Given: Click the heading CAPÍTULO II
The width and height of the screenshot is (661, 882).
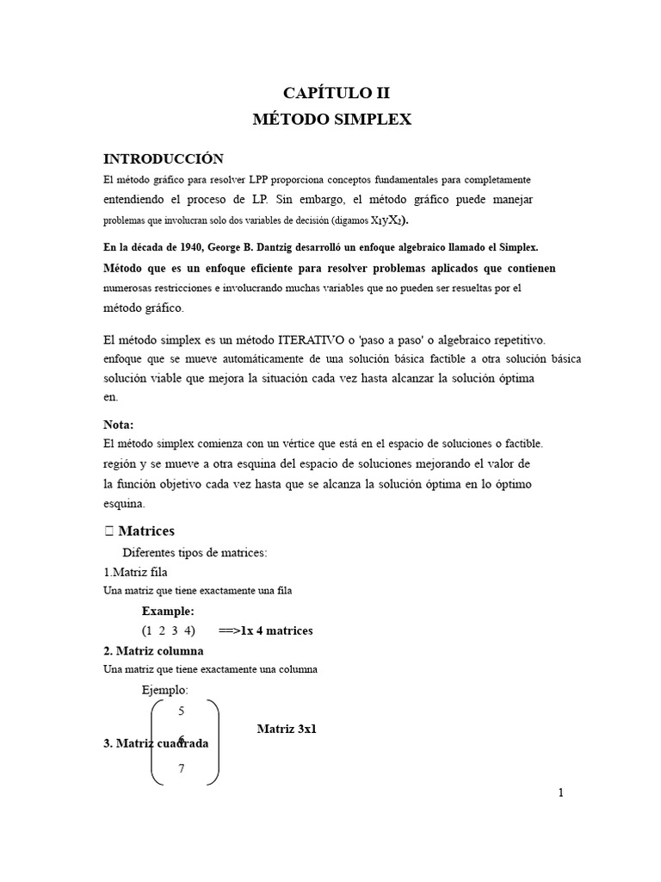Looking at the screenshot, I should click(331, 92).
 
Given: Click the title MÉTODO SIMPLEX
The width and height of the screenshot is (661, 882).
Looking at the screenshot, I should click(331, 120).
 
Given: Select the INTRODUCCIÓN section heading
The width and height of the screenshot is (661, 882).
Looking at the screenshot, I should click(164, 158).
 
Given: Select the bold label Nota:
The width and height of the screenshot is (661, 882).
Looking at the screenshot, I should click(119, 425).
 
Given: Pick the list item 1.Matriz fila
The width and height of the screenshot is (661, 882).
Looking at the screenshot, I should click(135, 572).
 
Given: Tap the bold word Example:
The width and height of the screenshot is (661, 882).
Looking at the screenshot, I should click(168, 612).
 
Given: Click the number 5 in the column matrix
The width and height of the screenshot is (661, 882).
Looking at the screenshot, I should click(181, 711).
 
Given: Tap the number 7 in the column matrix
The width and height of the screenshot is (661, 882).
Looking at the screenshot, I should click(182, 769).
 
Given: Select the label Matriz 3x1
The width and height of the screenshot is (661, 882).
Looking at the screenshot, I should click(287, 729).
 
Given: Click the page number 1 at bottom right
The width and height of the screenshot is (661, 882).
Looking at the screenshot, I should click(560, 793).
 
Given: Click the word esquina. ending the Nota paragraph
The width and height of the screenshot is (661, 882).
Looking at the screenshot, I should click(124, 504).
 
